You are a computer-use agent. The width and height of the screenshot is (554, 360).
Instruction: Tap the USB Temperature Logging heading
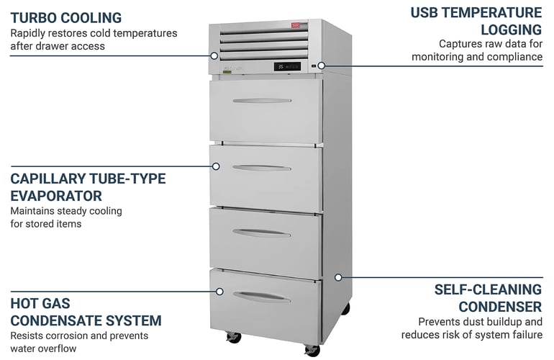[476, 21]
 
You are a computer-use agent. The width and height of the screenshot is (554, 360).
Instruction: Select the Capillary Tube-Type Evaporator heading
[88, 187]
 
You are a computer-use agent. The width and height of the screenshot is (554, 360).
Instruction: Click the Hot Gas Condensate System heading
[86, 312]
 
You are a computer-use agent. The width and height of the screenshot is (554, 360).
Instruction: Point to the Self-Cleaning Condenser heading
[488, 297]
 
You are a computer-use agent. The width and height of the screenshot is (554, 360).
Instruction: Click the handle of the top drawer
[262, 101]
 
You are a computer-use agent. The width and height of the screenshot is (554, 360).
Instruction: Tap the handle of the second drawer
[262, 168]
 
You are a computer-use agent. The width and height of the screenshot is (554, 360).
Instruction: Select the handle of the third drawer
[262, 232]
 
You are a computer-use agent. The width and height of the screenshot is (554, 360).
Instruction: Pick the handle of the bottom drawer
[262, 296]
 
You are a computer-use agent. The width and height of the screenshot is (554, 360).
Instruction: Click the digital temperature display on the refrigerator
[287, 67]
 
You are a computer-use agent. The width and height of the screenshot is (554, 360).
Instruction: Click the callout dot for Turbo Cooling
[214, 55]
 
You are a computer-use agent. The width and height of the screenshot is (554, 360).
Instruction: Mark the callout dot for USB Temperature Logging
[322, 66]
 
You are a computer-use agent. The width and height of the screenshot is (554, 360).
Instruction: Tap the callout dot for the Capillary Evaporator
[215, 166]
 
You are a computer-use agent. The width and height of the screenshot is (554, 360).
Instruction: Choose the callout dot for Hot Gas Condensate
[219, 292]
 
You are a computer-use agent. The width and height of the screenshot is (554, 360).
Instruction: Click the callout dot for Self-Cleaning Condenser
[338, 276]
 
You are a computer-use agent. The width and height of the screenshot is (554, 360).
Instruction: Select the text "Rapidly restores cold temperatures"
[94, 33]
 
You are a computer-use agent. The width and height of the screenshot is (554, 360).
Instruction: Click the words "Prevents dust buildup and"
[481, 321]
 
